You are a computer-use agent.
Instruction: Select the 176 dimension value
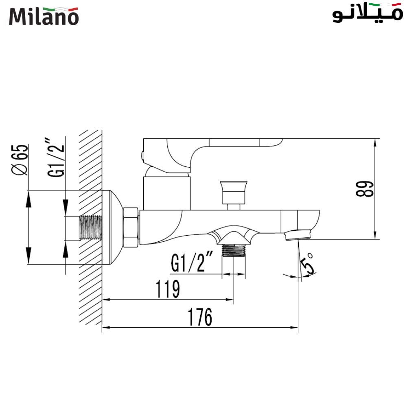[x=199, y=317]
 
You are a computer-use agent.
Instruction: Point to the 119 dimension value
[x=167, y=289]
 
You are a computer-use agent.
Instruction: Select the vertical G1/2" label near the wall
[x=56, y=159]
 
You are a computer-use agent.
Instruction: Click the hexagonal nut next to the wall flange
[x=131, y=228]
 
